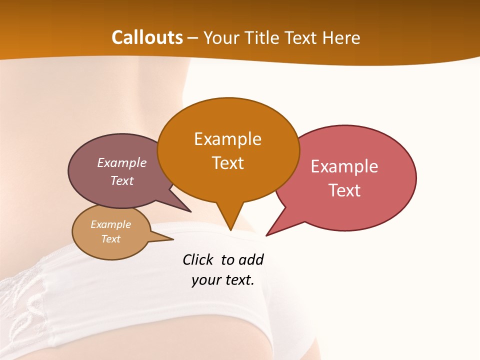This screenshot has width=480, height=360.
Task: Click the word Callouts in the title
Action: (x=147, y=37)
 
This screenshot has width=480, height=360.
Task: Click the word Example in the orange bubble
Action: (x=227, y=139)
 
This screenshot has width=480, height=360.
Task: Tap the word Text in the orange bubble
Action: (x=228, y=163)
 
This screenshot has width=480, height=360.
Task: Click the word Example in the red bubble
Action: (x=344, y=166)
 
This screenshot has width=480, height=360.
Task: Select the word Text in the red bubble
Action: (x=345, y=190)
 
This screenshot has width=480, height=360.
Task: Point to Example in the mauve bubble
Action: (x=122, y=163)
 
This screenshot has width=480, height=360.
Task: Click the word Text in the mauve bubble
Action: (x=122, y=181)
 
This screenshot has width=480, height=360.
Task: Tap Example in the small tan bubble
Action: (x=110, y=224)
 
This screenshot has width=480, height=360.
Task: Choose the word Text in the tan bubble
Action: (x=111, y=239)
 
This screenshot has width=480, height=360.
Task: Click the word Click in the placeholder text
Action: (x=198, y=259)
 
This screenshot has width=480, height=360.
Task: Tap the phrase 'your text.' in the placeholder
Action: (x=223, y=280)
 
